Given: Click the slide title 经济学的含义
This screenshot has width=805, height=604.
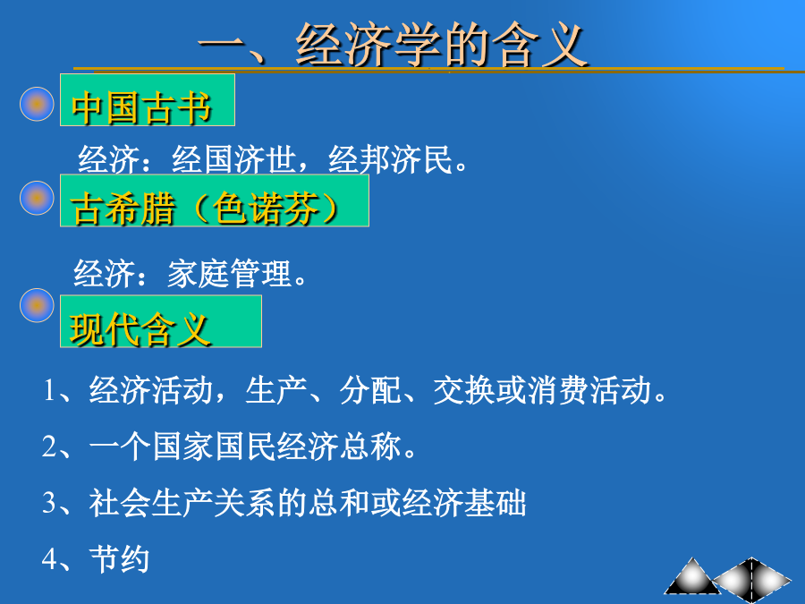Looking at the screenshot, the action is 442,46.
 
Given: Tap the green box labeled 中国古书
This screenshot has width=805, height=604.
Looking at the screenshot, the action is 148,99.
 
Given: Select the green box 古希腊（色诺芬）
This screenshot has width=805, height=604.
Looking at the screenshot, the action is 215,200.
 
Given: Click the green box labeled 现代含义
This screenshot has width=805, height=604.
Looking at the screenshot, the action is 161,321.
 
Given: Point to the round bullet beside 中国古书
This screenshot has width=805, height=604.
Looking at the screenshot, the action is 37,104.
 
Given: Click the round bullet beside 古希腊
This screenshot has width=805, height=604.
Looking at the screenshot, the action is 37,198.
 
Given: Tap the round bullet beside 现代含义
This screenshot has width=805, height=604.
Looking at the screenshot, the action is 37,305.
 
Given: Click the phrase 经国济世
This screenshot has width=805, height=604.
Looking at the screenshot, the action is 234,160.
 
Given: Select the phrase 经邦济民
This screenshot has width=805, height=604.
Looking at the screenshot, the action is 390,160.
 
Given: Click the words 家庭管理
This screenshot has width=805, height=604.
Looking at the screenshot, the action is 230,273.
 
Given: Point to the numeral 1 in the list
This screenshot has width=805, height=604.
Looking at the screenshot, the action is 49,390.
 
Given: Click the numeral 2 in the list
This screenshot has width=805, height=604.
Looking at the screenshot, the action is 49,447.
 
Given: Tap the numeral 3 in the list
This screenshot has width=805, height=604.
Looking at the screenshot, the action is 49,502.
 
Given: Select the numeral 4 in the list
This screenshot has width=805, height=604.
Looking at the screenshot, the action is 49,558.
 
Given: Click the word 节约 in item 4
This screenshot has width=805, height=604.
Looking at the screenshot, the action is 119,558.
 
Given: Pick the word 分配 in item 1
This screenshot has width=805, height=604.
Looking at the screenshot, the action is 370,390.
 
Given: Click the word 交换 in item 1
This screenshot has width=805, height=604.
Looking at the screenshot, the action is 464,390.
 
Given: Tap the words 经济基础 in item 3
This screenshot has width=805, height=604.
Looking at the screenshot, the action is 464,503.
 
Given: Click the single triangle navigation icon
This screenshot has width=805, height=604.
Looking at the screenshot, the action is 692,576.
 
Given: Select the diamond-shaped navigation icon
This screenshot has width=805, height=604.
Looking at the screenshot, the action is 752,579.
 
